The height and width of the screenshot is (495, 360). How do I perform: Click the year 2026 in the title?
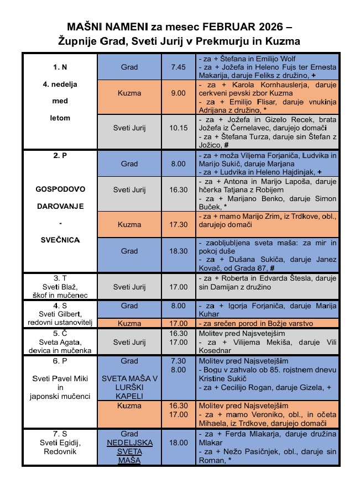[x=269, y=27]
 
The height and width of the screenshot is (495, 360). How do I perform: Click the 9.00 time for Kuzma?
[x=178, y=93]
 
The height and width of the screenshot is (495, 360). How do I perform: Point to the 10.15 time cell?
[x=179, y=128]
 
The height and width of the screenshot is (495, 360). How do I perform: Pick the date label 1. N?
[x=60, y=67]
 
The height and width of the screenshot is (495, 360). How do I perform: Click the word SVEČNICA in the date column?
[x=60, y=240]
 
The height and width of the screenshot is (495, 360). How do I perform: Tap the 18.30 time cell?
[x=179, y=251]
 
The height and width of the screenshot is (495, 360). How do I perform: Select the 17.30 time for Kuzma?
[x=179, y=224]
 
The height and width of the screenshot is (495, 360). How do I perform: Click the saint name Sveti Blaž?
[x=60, y=287]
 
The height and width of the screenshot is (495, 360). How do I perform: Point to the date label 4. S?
[x=60, y=306]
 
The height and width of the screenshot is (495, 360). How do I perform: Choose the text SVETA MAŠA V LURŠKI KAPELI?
[x=129, y=387]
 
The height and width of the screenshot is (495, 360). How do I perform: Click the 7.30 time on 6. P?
[x=179, y=361]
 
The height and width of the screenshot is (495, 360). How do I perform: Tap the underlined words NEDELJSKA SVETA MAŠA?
[x=129, y=451]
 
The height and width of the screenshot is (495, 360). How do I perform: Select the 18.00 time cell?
[x=179, y=443]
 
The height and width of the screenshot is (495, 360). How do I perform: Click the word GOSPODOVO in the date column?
[x=60, y=188]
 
